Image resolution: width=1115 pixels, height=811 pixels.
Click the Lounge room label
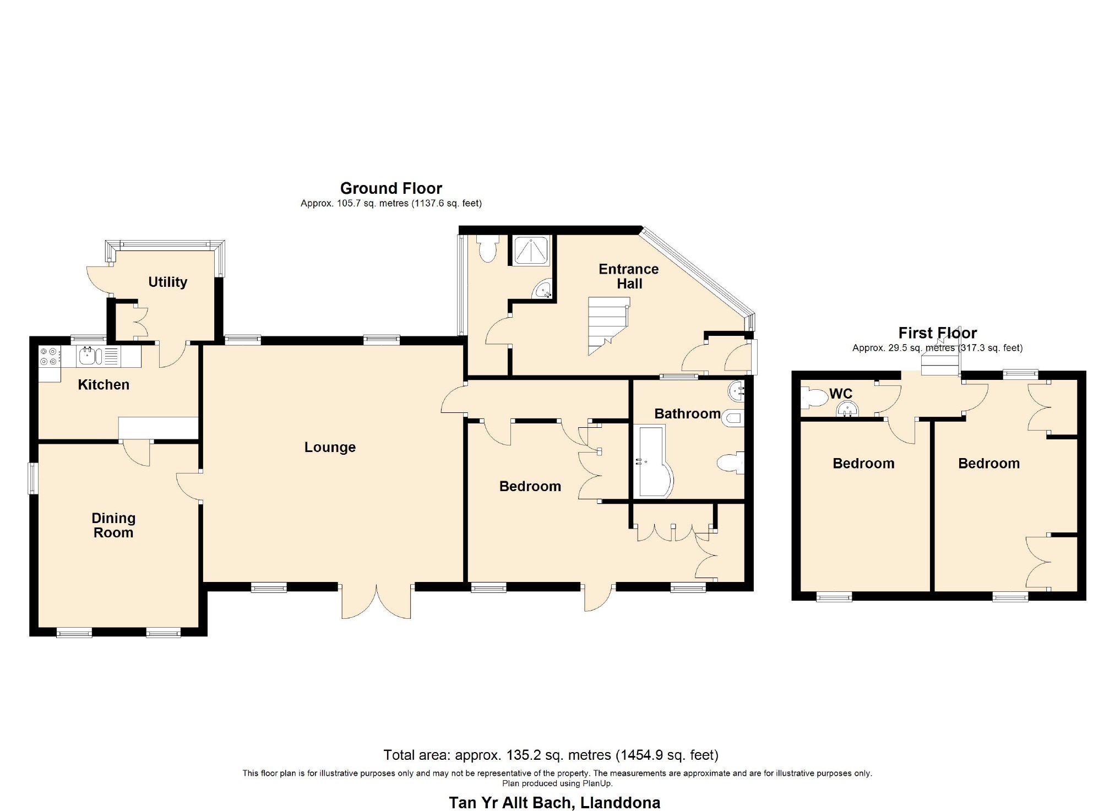(x=330, y=447)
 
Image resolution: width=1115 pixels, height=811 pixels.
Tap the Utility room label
(x=168, y=282)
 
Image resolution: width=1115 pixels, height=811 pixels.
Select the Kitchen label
(x=104, y=384)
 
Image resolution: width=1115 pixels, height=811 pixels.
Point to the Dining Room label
(x=113, y=525)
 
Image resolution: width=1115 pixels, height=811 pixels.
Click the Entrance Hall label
(x=629, y=276)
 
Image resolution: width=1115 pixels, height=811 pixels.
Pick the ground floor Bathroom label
(x=688, y=413)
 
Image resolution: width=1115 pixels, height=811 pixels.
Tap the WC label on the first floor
(x=841, y=394)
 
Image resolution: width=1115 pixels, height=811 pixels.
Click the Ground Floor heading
(x=391, y=188)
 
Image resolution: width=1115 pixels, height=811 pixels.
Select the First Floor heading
(x=938, y=333)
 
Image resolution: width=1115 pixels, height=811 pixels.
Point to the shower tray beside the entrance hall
(x=531, y=251)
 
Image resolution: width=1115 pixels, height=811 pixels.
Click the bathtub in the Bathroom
(x=654, y=461)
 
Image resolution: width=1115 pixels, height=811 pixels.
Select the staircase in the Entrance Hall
(x=608, y=326)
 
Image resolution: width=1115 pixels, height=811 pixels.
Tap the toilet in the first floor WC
(x=814, y=398)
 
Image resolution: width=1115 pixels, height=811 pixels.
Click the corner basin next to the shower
(x=542, y=290)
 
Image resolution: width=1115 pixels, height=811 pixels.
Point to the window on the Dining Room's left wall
(x=34, y=478)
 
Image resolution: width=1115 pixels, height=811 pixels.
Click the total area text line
(x=551, y=755)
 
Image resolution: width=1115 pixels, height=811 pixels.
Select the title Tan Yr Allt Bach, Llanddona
(x=554, y=803)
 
